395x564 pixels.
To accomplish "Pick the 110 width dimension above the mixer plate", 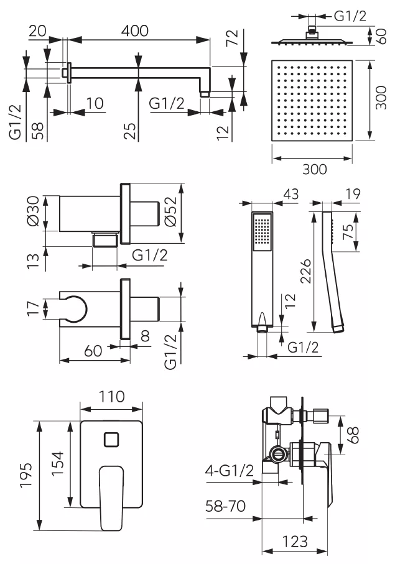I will click(112, 397).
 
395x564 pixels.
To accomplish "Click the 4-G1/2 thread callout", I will click(230, 470).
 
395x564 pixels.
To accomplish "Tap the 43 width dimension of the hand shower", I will click(290, 194).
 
